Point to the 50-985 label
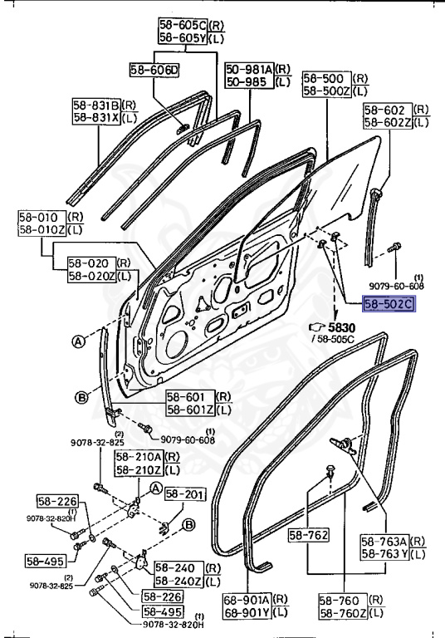click(x=247, y=82)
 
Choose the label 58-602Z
click(x=387, y=122)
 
